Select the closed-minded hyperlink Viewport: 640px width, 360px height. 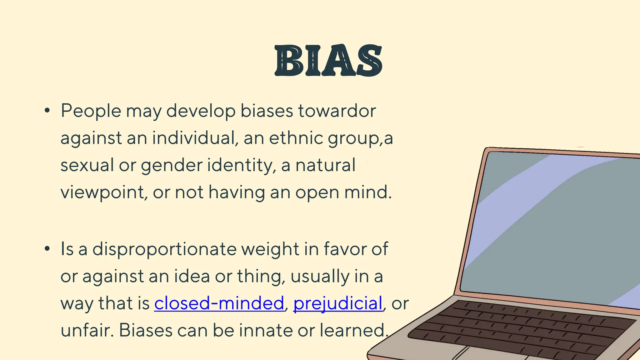[219, 303]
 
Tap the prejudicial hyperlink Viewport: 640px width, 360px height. [338, 303]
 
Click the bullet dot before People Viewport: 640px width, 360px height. [47, 110]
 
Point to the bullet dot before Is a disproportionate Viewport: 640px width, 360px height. [47, 249]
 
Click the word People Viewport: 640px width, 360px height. [91, 111]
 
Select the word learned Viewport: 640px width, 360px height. [353, 330]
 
